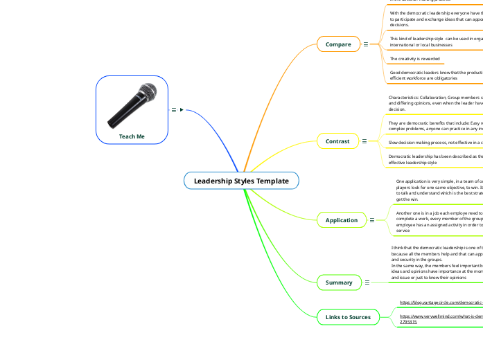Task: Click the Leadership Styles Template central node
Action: [241, 181]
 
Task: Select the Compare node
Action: [338, 44]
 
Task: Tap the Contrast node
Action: [337, 141]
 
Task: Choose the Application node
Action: [342, 220]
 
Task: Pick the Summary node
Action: [339, 282]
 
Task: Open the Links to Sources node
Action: [348, 317]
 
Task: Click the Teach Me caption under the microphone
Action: [132, 136]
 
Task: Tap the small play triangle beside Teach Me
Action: [181, 109]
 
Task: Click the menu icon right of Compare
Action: [366, 44]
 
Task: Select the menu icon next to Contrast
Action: [365, 141]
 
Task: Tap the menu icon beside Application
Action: [372, 220]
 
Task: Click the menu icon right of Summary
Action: [367, 282]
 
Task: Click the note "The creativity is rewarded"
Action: [414, 59]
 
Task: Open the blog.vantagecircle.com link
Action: [441, 303]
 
